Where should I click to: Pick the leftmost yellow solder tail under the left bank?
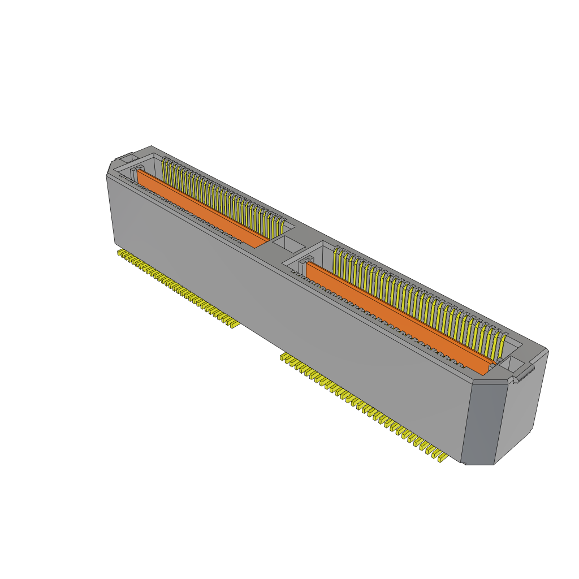pos(120,253)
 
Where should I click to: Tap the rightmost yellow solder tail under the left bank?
pos(232,325)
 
